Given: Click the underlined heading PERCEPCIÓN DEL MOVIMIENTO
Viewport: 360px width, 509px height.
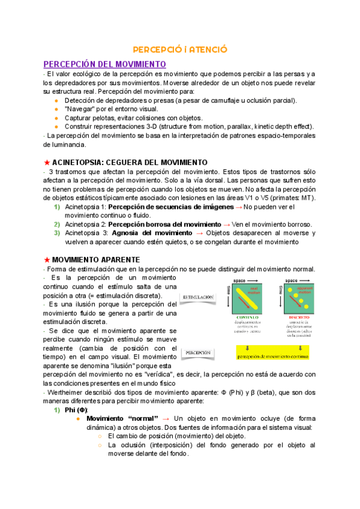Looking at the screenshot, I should (x=104, y=64).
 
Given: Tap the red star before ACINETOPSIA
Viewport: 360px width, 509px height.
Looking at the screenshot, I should (x=47, y=163).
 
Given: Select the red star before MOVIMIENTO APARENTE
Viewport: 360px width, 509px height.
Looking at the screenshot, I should (x=47, y=259).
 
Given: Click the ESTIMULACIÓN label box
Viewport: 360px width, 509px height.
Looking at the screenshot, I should (x=198, y=297).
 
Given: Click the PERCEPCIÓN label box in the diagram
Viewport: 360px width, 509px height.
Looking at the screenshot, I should (x=197, y=353).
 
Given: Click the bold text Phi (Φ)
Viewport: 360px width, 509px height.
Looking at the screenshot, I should (x=76, y=410).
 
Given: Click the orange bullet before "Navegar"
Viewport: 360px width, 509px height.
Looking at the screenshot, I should (x=56, y=109).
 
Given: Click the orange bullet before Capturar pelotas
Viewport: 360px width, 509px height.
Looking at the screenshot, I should (x=56, y=118).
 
